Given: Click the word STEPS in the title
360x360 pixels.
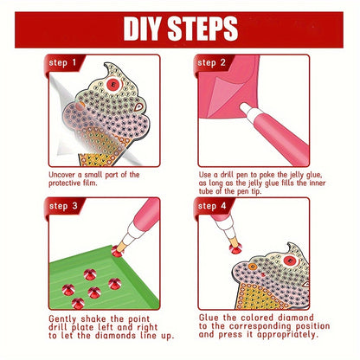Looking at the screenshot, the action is (202, 29).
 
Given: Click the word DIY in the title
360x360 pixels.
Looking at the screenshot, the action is (142, 29).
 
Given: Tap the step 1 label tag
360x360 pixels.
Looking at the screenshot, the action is (63, 63).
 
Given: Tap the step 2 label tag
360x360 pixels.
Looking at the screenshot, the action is (212, 63).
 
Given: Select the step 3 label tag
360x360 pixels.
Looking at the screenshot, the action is (63, 207).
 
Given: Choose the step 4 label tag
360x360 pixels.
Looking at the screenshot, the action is (212, 207).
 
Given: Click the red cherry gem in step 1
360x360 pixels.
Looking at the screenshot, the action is (114, 84).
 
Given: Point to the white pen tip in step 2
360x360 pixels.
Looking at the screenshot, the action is (247, 110).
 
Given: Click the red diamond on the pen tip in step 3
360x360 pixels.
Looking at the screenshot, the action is (117, 251).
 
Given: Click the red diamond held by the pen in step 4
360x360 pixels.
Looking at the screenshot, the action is (235, 248).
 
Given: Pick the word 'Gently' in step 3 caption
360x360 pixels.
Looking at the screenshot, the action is (62, 319).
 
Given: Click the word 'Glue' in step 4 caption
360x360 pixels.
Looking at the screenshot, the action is (209, 318).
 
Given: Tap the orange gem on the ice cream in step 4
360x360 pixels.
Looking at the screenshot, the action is (253, 267).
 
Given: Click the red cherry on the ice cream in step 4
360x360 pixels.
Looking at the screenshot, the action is (291, 260).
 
